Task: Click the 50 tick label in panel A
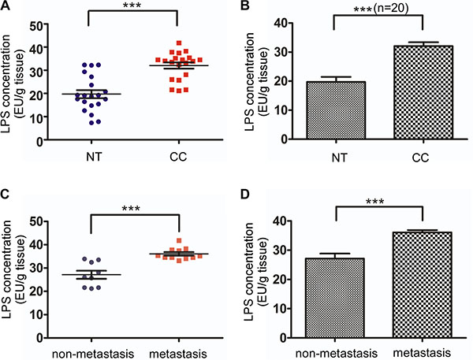point(35,26)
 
